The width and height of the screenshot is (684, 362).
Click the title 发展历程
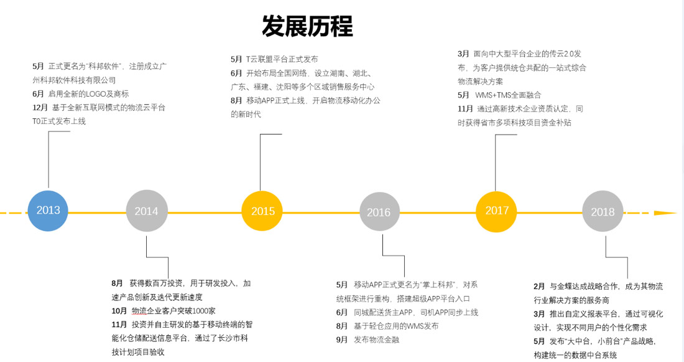tap(307, 26)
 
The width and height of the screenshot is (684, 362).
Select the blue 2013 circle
tap(48, 211)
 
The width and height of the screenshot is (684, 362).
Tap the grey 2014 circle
tap(147, 211)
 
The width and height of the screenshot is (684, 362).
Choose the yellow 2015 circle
tap(262, 211)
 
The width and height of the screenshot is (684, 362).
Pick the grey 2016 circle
tap(379, 212)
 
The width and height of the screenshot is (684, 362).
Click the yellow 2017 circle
tap(497, 211)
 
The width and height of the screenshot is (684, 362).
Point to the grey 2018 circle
tap(603, 212)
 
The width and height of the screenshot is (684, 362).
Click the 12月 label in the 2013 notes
tap(40, 108)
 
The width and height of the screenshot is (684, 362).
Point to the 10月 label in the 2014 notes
tap(119, 311)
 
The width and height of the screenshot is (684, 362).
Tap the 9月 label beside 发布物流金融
tap(342, 340)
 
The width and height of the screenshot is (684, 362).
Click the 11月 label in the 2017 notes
tap(466, 108)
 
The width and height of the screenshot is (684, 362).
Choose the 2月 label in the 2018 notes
tap(539, 287)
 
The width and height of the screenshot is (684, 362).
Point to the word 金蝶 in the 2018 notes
tap(567, 287)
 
